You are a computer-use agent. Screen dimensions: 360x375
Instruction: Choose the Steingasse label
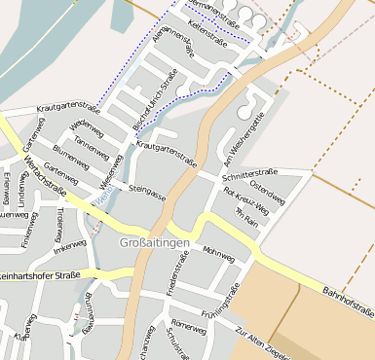coord(147,189)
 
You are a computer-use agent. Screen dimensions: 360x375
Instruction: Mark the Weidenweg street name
coord(87,126)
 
